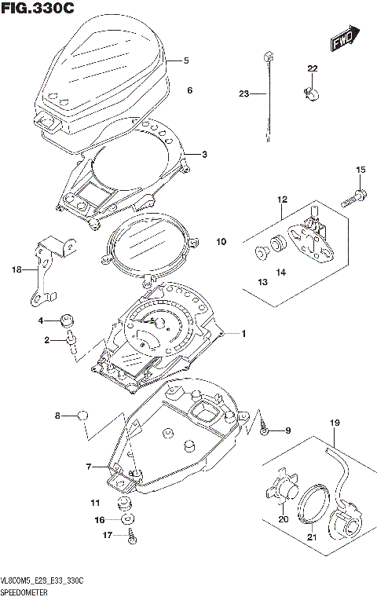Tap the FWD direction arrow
tap(343, 38)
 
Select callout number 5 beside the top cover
tap(186, 60)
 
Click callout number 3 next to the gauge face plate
tap(204, 154)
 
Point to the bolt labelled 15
tap(353, 196)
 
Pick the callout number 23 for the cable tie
tap(243, 94)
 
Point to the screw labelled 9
tap(266, 430)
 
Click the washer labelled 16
tap(126, 519)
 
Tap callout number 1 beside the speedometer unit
tap(243, 335)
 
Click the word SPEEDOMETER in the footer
tap(26, 588)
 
